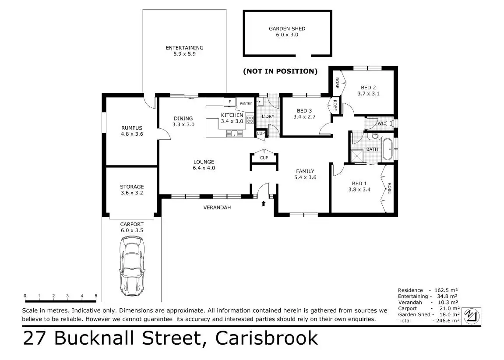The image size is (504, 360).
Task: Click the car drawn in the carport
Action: [132, 266]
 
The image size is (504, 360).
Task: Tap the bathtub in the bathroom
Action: [388, 149]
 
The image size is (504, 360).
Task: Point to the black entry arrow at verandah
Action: [264, 203]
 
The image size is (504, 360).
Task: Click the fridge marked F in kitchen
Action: [229, 102]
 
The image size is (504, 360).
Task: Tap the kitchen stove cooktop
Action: [250, 119]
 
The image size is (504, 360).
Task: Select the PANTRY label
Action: [246, 104]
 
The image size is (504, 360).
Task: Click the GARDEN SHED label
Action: [287, 28]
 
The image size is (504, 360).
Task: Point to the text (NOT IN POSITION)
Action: [280, 71]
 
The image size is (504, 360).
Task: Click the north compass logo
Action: [471, 316]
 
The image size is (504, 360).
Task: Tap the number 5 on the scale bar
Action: [95, 296]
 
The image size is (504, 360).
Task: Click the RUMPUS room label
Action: [132, 128]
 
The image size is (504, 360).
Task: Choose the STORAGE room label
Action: [132, 187]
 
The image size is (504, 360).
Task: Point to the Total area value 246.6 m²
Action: [446, 321]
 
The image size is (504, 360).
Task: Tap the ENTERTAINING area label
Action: [184, 48]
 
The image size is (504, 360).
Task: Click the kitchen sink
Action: [235, 133]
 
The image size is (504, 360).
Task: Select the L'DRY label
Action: [268, 116]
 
